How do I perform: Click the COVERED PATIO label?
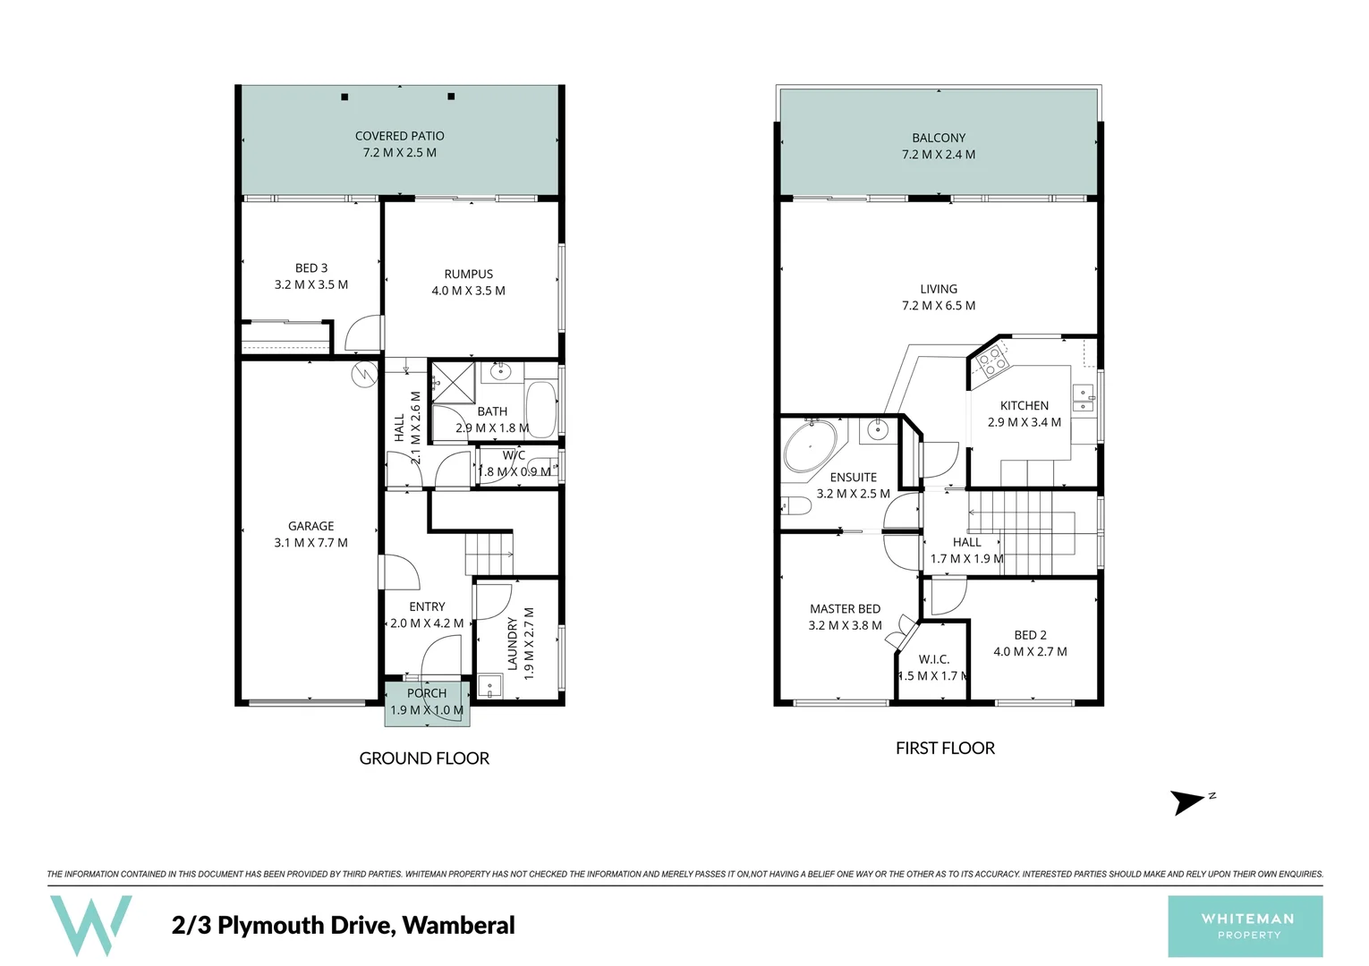[399, 136]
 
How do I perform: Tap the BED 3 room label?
[311, 268]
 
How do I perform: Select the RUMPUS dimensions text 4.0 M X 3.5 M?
[468, 291]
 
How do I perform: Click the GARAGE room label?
[310, 526]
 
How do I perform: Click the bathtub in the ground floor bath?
[540, 408]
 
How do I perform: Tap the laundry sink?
[489, 687]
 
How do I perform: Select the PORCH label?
[427, 693]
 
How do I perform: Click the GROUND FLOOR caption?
[424, 758]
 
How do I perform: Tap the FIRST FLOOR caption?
[945, 749]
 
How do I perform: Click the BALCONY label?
[939, 138]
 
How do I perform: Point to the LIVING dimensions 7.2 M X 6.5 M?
[939, 306]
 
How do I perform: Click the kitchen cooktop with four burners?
[991, 361]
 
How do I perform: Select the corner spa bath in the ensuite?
[811, 446]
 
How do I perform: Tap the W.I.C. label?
[933, 659]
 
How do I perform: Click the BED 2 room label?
[1030, 635]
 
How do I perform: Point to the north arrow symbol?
[1190, 801]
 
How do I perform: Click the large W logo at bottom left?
[90, 925]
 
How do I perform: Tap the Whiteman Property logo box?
[1245, 926]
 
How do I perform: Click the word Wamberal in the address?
[458, 925]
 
